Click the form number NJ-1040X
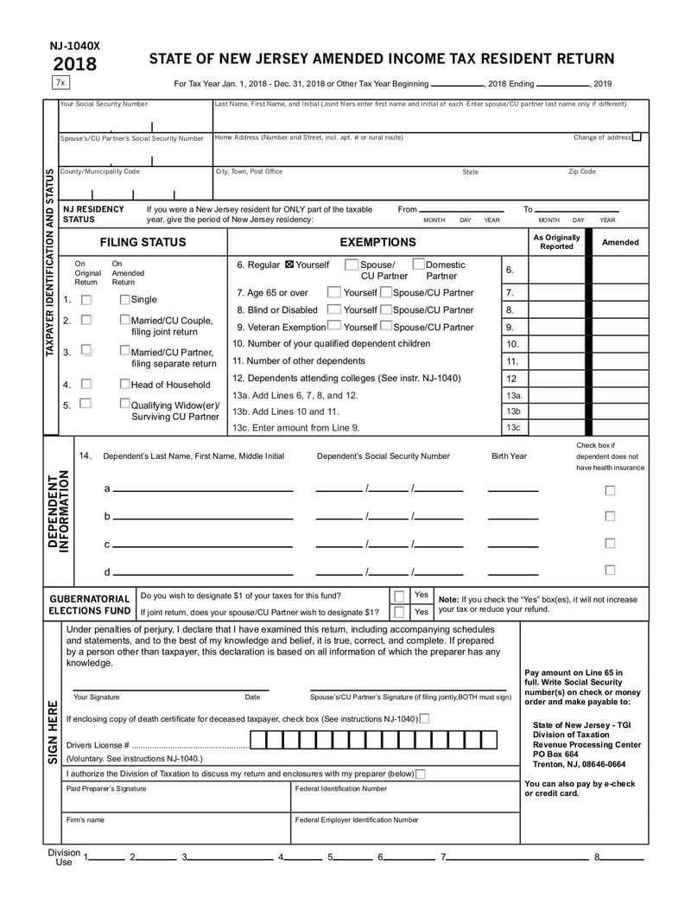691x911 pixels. click(x=74, y=47)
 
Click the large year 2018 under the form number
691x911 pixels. click(x=75, y=65)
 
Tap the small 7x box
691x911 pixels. click(x=60, y=83)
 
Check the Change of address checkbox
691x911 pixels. click(x=637, y=137)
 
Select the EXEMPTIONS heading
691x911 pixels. click(x=377, y=242)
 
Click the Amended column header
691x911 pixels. click(x=620, y=242)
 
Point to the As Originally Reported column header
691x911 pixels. click(x=557, y=242)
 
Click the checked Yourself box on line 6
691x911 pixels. click(x=289, y=264)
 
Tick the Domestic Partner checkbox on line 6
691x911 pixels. click(x=418, y=264)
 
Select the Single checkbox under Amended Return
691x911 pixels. click(x=124, y=299)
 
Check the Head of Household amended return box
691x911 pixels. click(x=124, y=384)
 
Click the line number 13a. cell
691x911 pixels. click(x=513, y=395)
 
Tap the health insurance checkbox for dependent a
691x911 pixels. click(x=610, y=490)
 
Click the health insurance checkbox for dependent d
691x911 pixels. click(x=610, y=570)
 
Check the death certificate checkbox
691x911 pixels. click(x=424, y=718)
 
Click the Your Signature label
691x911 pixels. click(x=97, y=698)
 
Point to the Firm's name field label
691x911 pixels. click(x=86, y=819)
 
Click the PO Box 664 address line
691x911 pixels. click(x=556, y=754)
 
